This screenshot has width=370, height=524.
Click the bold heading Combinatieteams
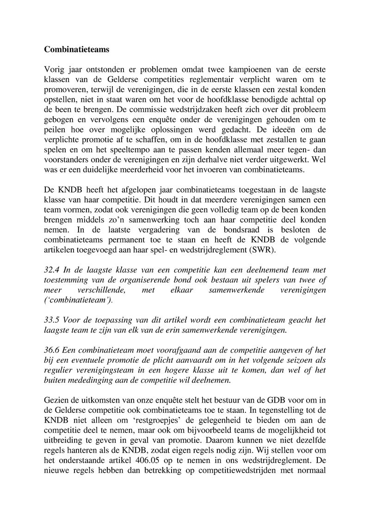click(x=77, y=48)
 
